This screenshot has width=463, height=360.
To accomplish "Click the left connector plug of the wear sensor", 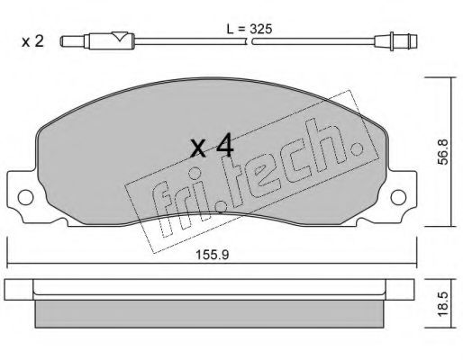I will [74, 41].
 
